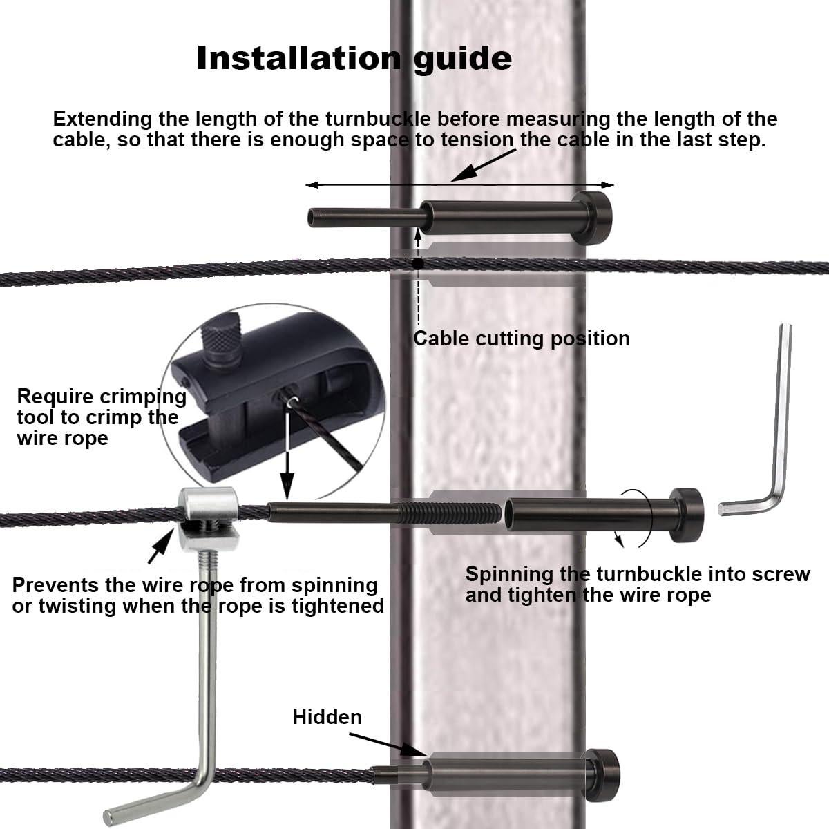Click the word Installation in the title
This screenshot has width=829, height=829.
(x=298, y=59)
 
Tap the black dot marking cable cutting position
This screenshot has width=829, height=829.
(x=417, y=263)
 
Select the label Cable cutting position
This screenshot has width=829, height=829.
(x=522, y=339)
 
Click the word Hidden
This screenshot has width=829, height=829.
(x=327, y=717)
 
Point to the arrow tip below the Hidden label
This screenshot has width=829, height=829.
(x=423, y=754)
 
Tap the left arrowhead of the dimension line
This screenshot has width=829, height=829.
(x=311, y=185)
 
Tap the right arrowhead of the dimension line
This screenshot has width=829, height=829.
(x=607, y=185)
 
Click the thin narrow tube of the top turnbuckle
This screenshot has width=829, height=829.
(x=365, y=217)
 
